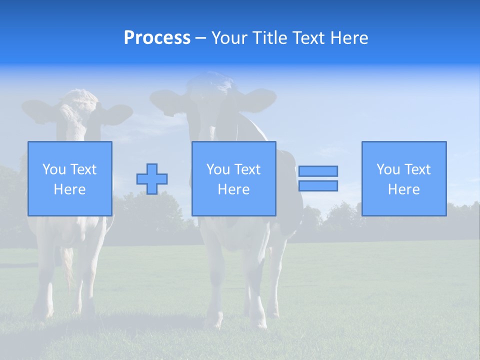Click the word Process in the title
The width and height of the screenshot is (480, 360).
(x=157, y=38)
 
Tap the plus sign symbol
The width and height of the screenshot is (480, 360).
(x=152, y=179)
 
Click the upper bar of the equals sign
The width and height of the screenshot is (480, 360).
(x=318, y=171)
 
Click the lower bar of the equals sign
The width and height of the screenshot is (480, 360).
(x=318, y=185)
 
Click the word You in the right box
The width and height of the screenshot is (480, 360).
(x=388, y=169)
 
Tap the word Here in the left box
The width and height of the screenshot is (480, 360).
(x=69, y=189)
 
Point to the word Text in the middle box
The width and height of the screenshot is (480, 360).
(x=248, y=169)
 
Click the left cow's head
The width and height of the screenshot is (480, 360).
(x=77, y=112)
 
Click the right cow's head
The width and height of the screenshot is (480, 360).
(x=212, y=100)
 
